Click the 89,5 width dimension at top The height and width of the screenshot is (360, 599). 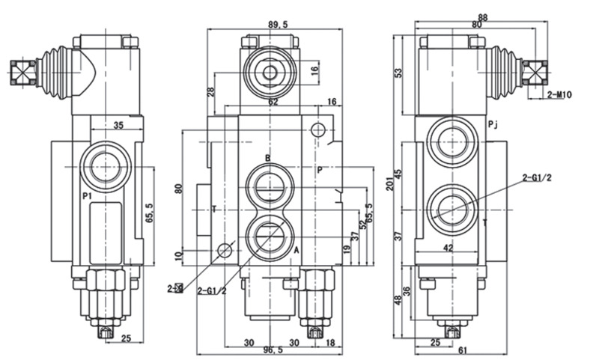277,25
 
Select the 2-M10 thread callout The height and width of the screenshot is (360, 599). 559,95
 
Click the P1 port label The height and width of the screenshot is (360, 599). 86,196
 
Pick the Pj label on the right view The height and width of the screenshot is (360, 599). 491,124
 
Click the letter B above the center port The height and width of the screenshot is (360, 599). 267,158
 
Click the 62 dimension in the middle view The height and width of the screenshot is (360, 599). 273,102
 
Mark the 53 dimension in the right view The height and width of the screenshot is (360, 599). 399,73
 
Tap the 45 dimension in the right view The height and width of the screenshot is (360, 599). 399,174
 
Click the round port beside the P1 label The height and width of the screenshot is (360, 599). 106,165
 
